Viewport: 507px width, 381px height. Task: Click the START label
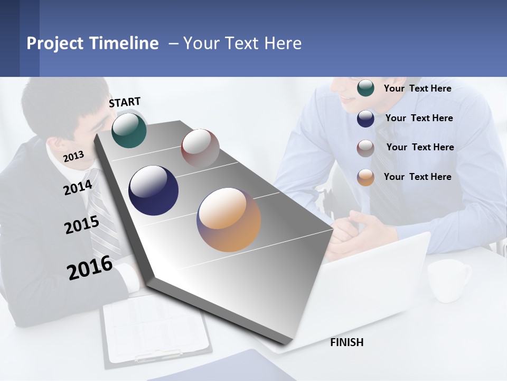[x=125, y=102]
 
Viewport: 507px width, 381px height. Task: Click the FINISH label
[x=346, y=342]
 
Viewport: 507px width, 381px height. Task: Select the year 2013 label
[x=73, y=156]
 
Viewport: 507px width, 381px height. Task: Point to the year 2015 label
[x=82, y=225]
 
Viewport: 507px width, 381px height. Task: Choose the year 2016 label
[x=90, y=267]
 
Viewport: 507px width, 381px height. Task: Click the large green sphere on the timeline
[x=129, y=130]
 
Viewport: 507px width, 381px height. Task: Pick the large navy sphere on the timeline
[x=153, y=190]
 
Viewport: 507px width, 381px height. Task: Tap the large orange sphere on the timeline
[x=229, y=220]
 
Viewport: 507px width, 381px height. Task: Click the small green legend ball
[x=365, y=88]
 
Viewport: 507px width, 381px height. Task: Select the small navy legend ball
[x=365, y=118]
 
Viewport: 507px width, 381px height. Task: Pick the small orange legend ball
[x=365, y=177]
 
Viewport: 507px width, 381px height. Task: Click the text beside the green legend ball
[x=417, y=88]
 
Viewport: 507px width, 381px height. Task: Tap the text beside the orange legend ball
[x=417, y=177]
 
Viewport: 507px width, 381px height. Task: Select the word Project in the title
[x=55, y=43]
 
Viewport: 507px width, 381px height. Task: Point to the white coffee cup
[x=447, y=280]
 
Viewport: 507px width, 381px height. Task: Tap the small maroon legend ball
[x=365, y=148]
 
